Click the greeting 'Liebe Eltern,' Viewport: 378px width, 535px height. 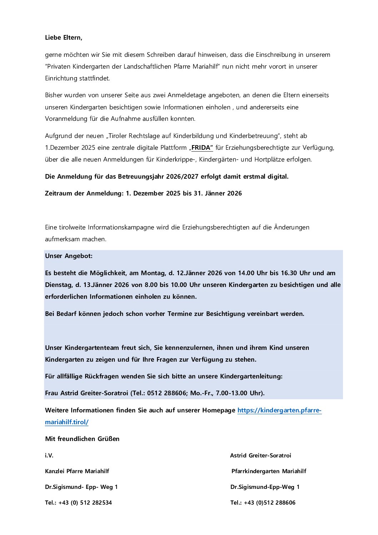64,38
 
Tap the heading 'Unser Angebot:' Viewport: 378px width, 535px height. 69,256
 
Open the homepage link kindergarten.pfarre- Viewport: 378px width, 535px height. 279,410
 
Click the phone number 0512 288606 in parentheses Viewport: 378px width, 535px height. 166,393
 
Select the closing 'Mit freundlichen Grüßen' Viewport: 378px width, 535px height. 82,439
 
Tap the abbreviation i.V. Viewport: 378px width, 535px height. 49,456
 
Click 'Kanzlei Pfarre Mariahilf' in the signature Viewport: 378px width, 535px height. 77,471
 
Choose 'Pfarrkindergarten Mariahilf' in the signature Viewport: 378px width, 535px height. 269,471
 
